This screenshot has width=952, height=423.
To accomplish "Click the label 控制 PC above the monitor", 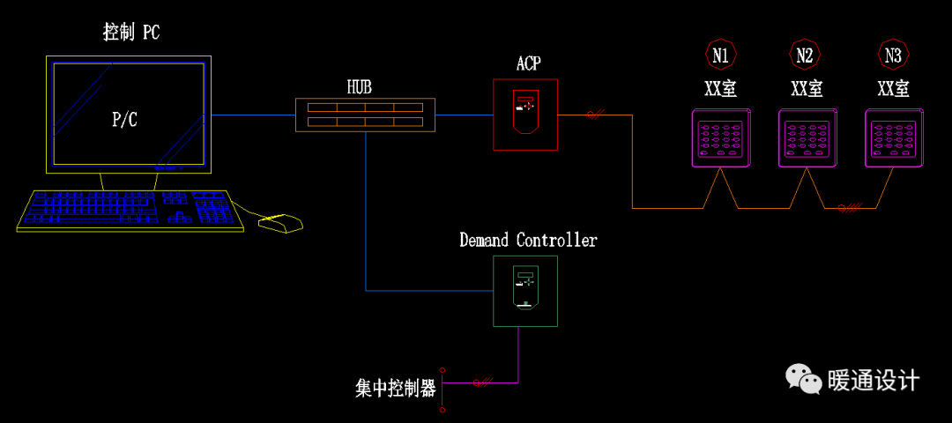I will (131, 33).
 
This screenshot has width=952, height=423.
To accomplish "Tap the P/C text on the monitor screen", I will (124, 120).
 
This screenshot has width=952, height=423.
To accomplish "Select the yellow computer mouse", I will (280, 224).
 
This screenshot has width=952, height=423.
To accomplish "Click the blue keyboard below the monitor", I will (130, 211).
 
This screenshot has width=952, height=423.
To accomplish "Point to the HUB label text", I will (359, 87).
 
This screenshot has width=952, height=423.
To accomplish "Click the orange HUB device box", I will (365, 115).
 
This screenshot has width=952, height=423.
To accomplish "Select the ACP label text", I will (528, 63).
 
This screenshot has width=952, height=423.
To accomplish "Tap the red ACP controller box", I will (525, 114).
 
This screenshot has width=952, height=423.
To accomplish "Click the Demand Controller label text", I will (528, 241).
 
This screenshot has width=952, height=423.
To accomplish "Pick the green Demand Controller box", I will (525, 291).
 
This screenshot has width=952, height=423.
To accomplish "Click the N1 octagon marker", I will (720, 56).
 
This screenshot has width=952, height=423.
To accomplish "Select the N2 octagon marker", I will (805, 56).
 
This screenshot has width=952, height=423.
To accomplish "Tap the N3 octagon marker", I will (893, 56).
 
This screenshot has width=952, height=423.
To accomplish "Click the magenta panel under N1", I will (720, 137).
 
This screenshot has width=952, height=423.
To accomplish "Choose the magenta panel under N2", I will (807, 137).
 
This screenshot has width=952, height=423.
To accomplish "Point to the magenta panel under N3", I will (893, 137).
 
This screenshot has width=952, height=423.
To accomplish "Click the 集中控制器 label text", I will (396, 389).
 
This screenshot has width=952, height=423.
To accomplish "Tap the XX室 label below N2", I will (807, 89).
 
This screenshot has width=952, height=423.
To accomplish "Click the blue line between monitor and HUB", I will (253, 115).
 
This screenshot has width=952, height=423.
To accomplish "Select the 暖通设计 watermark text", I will (873, 381).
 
